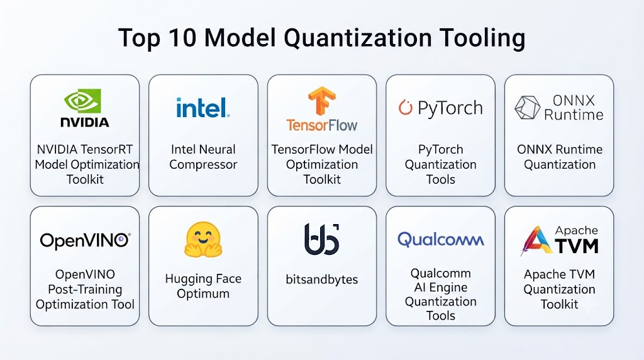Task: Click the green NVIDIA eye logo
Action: (82, 101)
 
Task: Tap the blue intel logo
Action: (203, 108)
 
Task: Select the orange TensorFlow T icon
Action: (322, 101)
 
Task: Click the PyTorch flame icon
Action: (405, 107)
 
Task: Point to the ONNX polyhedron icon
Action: (527, 108)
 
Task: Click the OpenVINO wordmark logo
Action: (85, 240)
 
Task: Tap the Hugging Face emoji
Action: (203, 240)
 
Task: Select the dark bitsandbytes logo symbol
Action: (321, 239)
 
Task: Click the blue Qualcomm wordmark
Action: (441, 240)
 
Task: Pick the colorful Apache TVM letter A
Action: (536, 240)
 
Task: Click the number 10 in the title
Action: (182, 38)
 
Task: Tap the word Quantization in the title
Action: (357, 38)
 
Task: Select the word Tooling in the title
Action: (482, 38)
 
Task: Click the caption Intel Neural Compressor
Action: (203, 157)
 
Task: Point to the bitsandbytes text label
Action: (321, 279)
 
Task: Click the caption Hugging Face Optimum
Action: (203, 286)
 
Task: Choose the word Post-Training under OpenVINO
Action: (85, 290)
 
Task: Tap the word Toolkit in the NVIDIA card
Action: (85, 179)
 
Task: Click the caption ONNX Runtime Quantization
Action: (559, 157)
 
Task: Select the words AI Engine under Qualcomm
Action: (441, 287)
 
